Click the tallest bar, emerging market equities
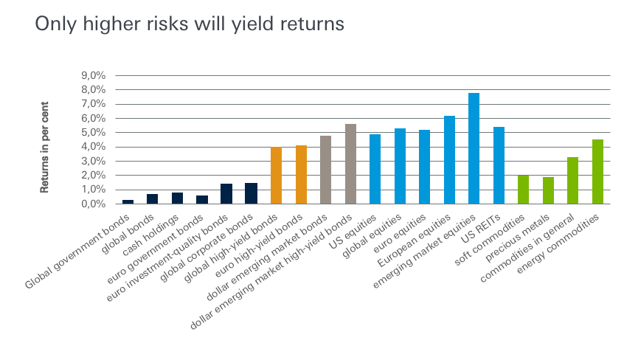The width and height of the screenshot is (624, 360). [474, 148]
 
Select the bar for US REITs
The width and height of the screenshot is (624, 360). [499, 165]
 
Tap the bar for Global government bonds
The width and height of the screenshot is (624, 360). [128, 201]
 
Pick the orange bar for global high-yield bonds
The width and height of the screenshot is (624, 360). [276, 176]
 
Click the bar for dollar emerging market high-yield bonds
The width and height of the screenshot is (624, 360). [350, 164]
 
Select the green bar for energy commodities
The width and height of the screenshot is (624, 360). [597, 172]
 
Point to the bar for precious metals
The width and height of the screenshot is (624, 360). [548, 190]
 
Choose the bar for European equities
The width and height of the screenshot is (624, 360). [449, 159]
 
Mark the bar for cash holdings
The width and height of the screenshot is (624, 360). [177, 198]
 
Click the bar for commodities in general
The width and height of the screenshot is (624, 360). [572, 181]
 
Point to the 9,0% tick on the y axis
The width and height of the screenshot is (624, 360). [94, 75]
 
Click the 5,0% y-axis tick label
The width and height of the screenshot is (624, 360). [94, 132]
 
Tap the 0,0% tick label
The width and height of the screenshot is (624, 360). [94, 204]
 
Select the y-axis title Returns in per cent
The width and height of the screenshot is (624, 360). [44, 148]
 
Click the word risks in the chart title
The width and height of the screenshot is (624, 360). [167, 24]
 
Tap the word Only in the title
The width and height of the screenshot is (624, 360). [56, 24]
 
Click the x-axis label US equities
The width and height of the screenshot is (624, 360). [353, 232]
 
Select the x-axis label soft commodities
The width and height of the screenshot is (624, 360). [489, 240]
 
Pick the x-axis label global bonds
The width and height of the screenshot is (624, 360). [128, 234]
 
